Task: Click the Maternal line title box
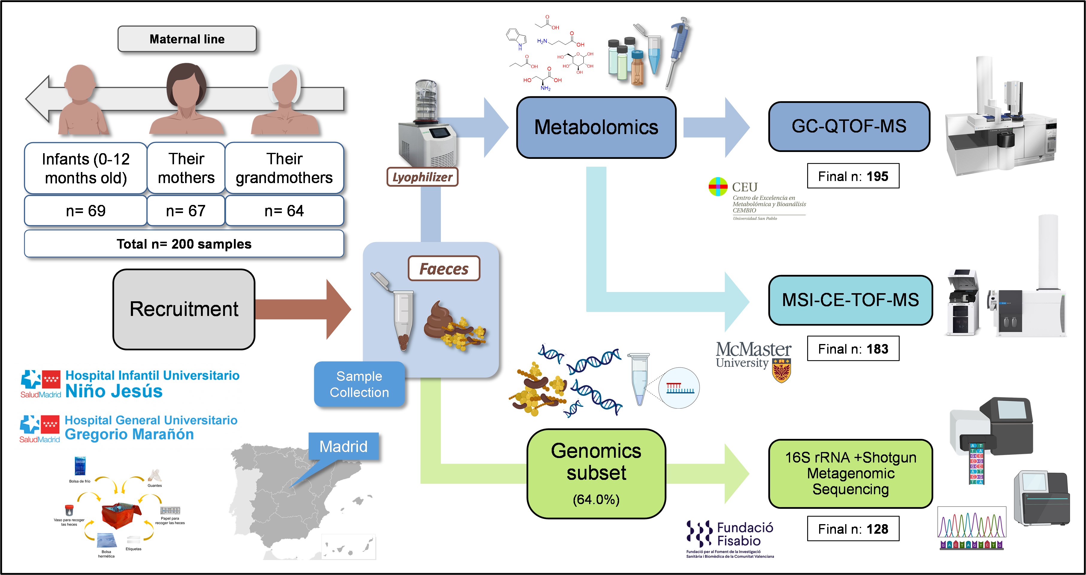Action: coord(187,39)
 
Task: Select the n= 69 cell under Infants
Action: coord(86,211)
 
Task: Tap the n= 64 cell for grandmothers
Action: coord(284,211)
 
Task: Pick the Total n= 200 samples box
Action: coord(184,244)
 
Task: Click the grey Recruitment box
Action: coord(184,309)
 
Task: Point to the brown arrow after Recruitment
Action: coord(303,309)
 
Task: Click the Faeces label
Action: coord(444,269)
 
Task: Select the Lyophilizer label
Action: coord(422,177)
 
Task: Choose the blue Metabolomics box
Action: coord(596,127)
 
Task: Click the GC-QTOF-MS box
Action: coord(849,126)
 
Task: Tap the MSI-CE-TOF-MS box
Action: coord(850,300)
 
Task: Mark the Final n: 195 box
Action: coord(853,176)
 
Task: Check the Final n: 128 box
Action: coord(853,529)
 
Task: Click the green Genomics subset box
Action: coord(596,474)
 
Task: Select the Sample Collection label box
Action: coord(359,384)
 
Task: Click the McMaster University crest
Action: coord(781,370)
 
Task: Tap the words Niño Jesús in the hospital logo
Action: coord(114,391)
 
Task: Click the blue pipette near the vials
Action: coord(678,46)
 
